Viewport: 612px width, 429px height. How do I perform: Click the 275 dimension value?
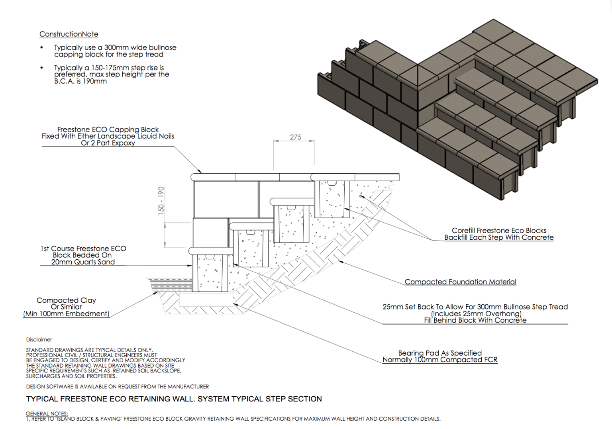coord(295,137)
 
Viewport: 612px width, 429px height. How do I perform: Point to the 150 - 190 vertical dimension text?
coord(161,201)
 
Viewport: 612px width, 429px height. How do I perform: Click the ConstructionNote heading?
coord(69,34)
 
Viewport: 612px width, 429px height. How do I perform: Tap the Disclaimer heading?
coord(39,340)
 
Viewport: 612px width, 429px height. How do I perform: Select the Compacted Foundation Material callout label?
coord(460,282)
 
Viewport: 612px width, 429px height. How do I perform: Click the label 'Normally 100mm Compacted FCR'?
coord(440,360)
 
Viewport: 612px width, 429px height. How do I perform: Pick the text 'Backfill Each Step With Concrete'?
coord(499,237)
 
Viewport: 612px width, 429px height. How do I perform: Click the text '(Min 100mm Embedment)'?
coord(66,314)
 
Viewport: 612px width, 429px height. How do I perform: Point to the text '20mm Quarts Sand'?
coord(83,262)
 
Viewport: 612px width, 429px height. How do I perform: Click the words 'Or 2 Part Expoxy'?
coord(108,143)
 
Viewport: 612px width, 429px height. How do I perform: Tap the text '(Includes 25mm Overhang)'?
coord(476,313)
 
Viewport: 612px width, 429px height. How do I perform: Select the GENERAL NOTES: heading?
coord(47,413)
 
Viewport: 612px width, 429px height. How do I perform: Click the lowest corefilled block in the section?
coord(210,273)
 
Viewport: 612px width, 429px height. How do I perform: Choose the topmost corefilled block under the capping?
coord(332,199)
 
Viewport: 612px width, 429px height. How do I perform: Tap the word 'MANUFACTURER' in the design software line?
coord(188,387)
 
